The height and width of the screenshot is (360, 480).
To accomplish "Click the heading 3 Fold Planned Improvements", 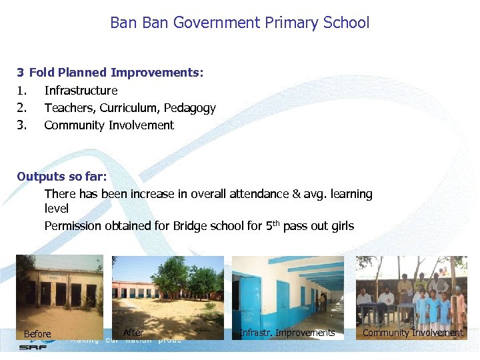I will coord(110,73).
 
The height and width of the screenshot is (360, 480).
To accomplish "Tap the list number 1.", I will coord(21,91).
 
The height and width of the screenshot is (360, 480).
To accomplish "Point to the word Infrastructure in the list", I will coord(81,91).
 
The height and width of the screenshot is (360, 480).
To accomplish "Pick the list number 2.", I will coord(21,108).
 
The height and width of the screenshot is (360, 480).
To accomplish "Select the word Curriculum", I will coord(129,108).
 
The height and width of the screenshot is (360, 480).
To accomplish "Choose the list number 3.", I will coord(21,125).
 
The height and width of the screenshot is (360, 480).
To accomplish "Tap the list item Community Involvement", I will coord(109,125).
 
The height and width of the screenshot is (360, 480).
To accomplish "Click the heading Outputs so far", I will coord(61,177).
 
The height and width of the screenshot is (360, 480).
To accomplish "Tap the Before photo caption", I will coord(37,334).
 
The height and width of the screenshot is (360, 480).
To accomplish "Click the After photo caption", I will coord(133,332).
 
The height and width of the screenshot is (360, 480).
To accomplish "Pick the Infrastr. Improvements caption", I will coord(287,333).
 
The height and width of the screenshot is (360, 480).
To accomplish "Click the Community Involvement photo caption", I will coord(413,333).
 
